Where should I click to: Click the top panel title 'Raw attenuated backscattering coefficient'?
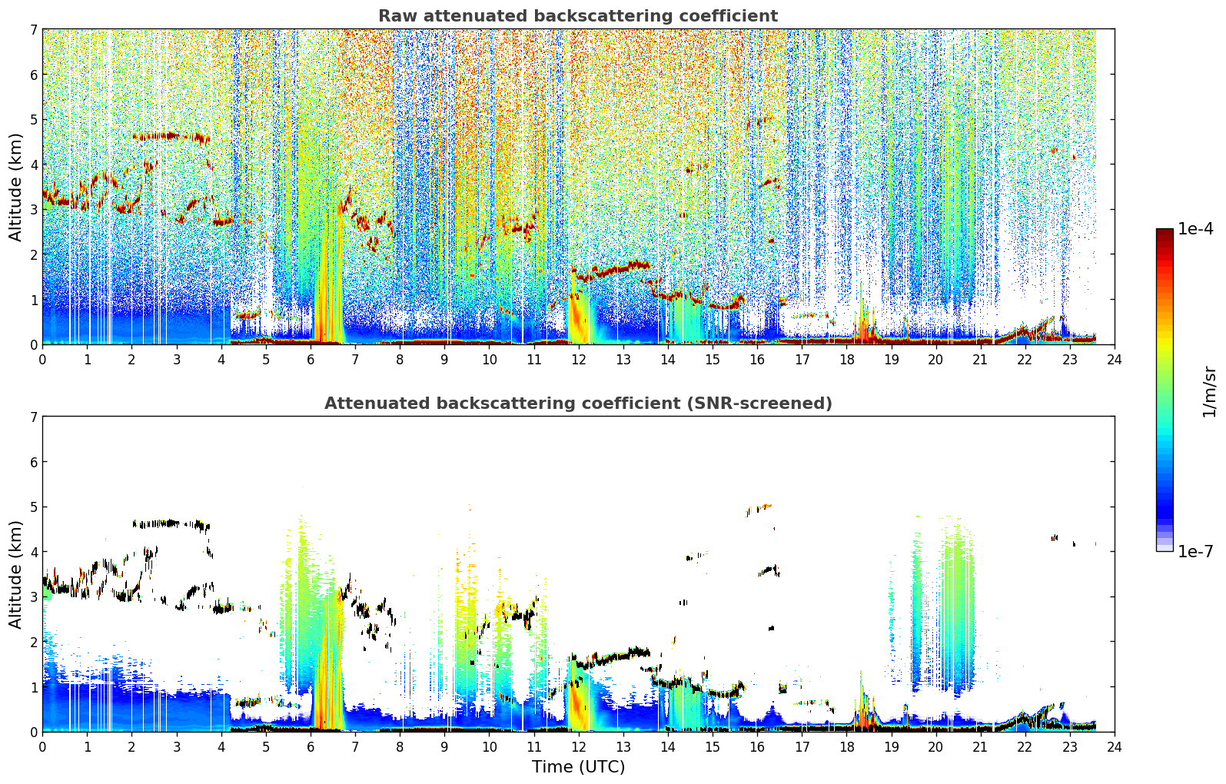pos(578,16)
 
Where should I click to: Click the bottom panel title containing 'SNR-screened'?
pos(578,404)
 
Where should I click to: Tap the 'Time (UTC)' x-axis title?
pos(578,767)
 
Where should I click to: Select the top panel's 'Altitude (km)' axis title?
pos(15,188)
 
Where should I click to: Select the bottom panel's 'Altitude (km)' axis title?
pos(15,574)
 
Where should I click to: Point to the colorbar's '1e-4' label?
pos(1195,229)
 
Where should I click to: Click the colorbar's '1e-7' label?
pos(1195,551)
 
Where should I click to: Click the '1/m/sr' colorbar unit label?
pos(1209,392)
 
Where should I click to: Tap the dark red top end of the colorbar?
pos(1165,231)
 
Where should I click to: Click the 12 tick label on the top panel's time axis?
pos(579,360)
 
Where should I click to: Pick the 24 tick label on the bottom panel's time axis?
pos(1115,747)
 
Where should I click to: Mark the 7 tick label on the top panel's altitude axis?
pos(33,29)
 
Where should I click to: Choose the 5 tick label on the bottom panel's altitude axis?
pos(33,507)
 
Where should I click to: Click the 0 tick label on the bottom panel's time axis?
pos(43,747)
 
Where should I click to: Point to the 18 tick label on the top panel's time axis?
pos(847,360)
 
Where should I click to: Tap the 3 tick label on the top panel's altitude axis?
pos(33,210)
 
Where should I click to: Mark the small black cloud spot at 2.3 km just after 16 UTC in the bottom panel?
pos(771,628)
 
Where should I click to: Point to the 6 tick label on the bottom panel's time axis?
pos(311,747)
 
